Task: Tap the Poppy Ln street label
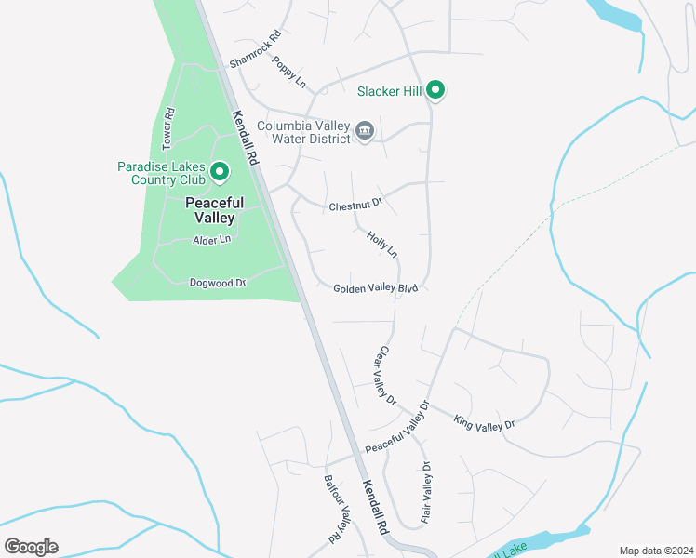(x=289, y=72)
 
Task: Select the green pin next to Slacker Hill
(x=435, y=90)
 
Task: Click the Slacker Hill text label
(x=390, y=91)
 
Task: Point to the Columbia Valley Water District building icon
(x=365, y=129)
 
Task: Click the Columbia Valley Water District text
(x=303, y=132)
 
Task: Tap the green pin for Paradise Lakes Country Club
(x=220, y=170)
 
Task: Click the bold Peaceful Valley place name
(x=214, y=210)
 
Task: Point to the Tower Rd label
(x=168, y=129)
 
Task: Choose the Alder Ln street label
(x=211, y=240)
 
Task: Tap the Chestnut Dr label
(x=355, y=206)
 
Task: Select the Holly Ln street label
(x=381, y=245)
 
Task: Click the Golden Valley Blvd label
(x=375, y=288)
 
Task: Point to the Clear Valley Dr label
(x=385, y=375)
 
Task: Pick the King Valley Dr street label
(x=484, y=423)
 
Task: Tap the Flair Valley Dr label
(x=425, y=491)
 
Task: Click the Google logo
(x=32, y=547)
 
